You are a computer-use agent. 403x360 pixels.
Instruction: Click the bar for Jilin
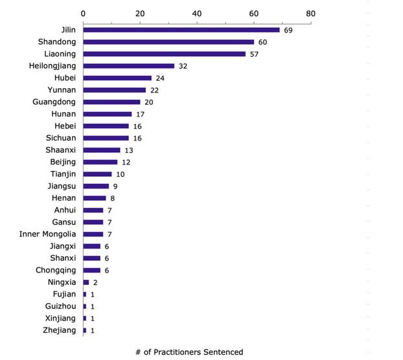click(x=181, y=30)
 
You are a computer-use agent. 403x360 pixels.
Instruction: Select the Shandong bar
click(x=168, y=42)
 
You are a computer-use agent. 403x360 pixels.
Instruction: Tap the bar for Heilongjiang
click(x=128, y=66)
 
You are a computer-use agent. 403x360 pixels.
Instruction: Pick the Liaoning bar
click(x=164, y=54)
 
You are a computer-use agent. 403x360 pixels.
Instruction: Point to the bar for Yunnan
click(x=114, y=90)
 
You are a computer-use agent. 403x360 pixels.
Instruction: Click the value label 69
click(x=288, y=30)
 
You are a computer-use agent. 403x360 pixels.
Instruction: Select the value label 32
click(x=183, y=66)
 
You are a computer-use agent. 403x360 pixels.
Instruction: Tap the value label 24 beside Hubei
click(x=160, y=78)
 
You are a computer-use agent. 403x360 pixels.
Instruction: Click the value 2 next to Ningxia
click(x=95, y=283)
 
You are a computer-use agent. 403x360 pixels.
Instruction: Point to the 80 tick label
click(x=310, y=12)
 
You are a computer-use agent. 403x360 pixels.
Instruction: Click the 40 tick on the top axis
click(x=197, y=12)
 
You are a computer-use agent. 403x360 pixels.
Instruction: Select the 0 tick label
click(x=83, y=12)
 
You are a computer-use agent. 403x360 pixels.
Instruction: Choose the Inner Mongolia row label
click(x=48, y=234)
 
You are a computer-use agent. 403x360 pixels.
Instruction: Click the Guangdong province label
click(x=54, y=102)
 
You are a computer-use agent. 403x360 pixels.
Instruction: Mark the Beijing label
click(x=63, y=162)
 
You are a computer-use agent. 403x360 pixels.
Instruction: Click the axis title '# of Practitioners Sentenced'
click(x=189, y=352)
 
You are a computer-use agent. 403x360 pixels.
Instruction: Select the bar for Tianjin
click(x=97, y=174)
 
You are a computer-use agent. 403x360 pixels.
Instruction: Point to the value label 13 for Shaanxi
click(x=129, y=150)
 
